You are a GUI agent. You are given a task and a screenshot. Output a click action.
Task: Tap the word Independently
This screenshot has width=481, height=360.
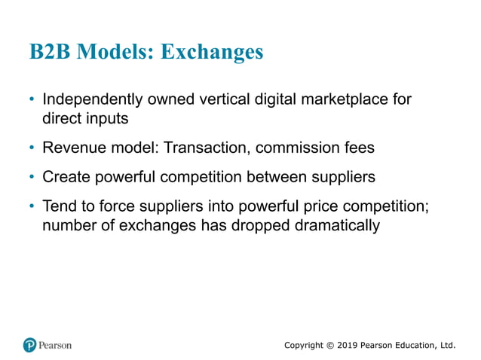point(90,99)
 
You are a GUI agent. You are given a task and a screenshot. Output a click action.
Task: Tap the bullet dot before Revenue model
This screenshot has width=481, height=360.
point(32,148)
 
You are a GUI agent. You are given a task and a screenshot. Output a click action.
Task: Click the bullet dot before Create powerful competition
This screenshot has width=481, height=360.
point(32,177)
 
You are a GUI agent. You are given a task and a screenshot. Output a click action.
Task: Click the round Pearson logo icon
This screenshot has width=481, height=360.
point(30,345)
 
